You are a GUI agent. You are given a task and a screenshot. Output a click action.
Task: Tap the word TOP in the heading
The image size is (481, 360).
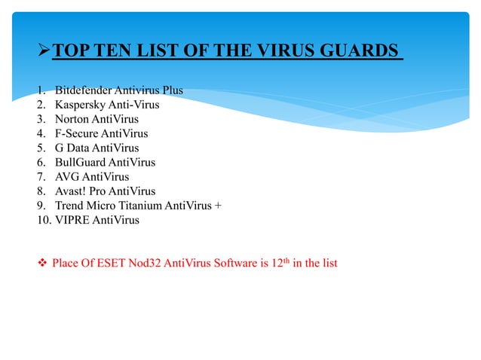pyautogui.click(x=72, y=51)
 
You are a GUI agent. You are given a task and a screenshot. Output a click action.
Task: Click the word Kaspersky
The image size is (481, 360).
pyautogui.click(x=81, y=105)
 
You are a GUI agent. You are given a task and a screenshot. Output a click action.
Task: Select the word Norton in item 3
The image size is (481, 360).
pyautogui.click(x=72, y=119)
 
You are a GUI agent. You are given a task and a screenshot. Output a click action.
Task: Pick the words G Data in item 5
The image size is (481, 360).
pyautogui.click(x=72, y=148)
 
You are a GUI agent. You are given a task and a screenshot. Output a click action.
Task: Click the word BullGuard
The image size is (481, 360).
pyautogui.click(x=81, y=163)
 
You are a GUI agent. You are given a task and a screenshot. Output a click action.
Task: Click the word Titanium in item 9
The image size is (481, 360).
pyautogui.click(x=136, y=206)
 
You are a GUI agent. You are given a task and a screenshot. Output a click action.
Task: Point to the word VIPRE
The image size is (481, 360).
pyautogui.click(x=71, y=221)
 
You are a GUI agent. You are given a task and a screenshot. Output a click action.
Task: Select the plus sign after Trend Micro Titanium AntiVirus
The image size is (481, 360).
pyautogui.click(x=219, y=206)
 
